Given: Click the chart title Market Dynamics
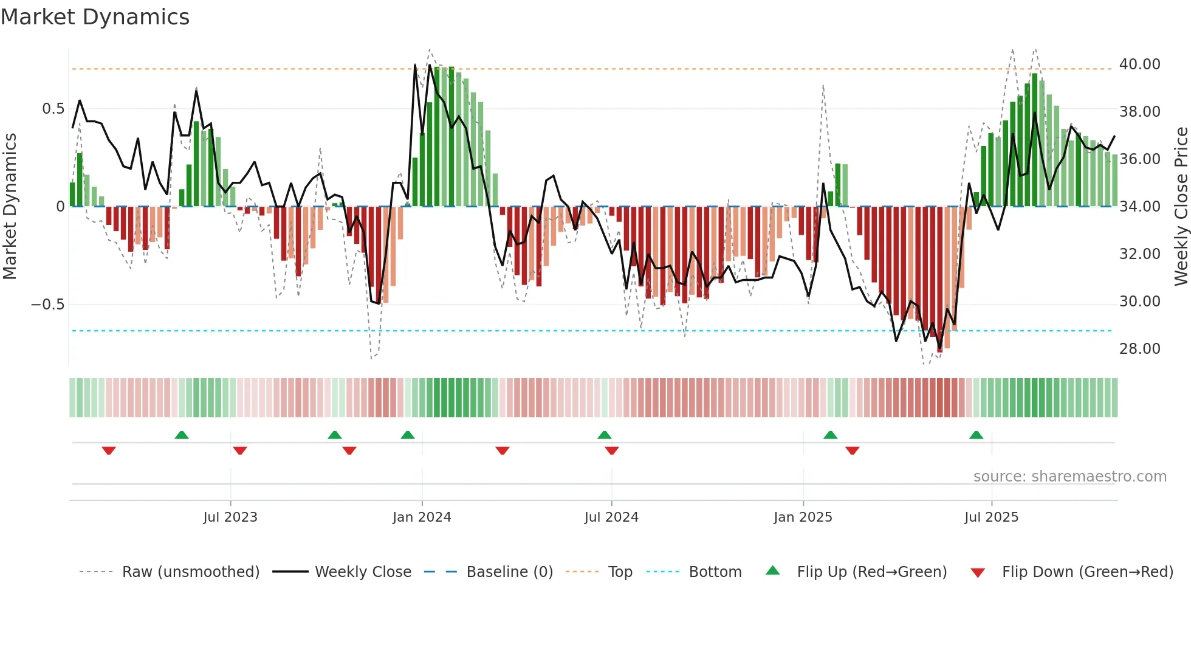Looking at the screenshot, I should pos(95,17).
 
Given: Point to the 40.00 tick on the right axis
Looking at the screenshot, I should pos(1139,64).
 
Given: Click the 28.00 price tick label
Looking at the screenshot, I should pos(1139,349).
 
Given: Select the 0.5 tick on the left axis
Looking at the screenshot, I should pos(53,109).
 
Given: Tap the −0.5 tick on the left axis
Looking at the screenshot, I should pos(48,305).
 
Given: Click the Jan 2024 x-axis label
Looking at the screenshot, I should pos(422,517).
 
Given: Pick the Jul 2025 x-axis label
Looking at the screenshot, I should pos(991,517).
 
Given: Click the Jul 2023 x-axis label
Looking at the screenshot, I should pos(230,517).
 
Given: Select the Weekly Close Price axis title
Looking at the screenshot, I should pos(1181,207).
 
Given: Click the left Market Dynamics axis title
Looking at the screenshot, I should pos(10,207).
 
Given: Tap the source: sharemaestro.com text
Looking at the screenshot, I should pos(1069,477).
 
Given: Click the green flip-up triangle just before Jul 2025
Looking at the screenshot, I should pos(976,435).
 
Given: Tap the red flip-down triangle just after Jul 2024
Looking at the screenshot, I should pos(612,451).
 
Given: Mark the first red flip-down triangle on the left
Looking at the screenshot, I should pos(109,451).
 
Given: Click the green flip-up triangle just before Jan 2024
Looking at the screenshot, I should pos(408,435).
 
